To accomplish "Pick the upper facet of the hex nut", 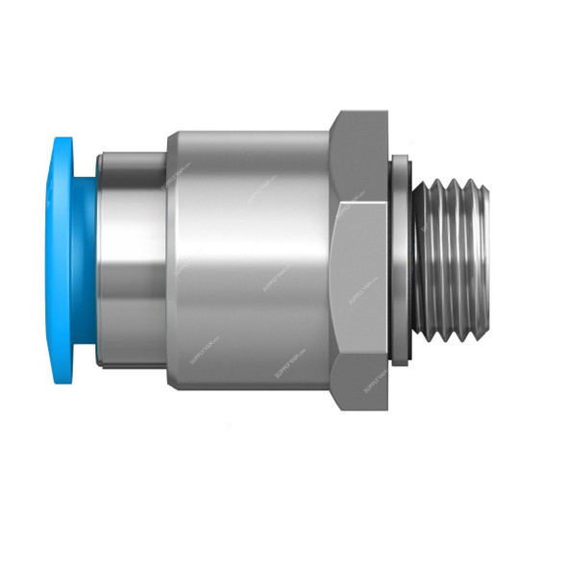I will coord(361,159).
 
